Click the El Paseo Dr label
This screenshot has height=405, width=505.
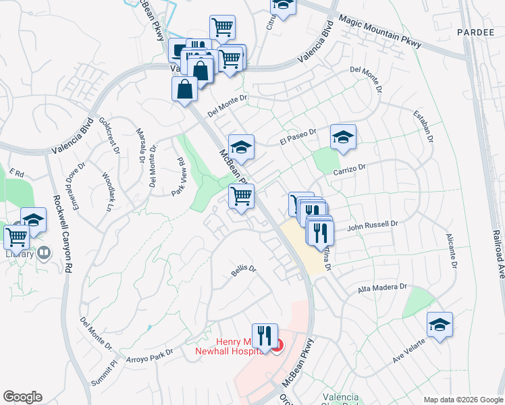[298, 137]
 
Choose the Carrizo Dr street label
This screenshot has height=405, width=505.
[348, 168]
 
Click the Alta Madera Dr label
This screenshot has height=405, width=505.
[383, 288]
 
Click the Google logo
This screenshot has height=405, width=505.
[22, 397]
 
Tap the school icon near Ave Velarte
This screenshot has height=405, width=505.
[440, 325]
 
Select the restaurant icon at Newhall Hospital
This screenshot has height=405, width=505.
[265, 335]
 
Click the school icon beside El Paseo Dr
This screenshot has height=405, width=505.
[343, 137]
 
